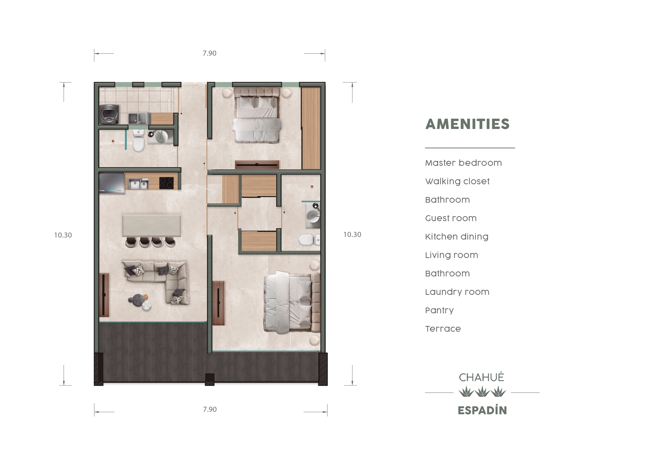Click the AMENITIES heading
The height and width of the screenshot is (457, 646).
pos(467,124)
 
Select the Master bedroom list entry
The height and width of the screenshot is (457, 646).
pos(463,163)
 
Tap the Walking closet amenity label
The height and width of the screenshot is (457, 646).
pos(457,181)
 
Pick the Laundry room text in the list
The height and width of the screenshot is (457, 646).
pos(457,292)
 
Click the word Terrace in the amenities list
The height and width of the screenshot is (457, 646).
pos(443,329)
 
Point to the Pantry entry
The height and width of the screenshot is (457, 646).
pos(440,311)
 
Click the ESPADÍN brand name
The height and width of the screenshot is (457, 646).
pos(482,410)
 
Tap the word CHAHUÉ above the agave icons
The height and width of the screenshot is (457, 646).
pos(481,377)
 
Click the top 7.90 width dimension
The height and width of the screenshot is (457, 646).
pos(210,53)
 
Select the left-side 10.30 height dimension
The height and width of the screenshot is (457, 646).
pos(63,235)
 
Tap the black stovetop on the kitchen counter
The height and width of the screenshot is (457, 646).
pos(167,183)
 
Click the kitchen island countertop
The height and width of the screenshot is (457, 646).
pos(151,225)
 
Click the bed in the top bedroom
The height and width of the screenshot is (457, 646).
pos(257,115)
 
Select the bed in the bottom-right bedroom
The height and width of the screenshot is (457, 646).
pos(292,302)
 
